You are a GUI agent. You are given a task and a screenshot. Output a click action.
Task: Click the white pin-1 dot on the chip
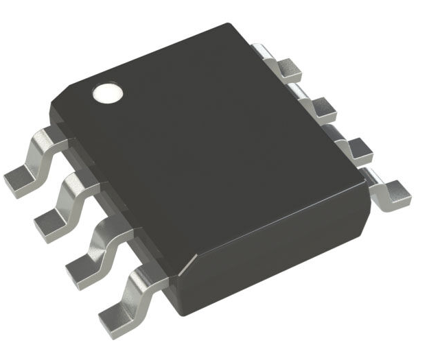107,93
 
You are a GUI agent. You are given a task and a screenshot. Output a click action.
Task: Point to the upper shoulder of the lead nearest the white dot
43,137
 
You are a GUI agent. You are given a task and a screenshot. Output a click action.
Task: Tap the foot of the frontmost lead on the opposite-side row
393,194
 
